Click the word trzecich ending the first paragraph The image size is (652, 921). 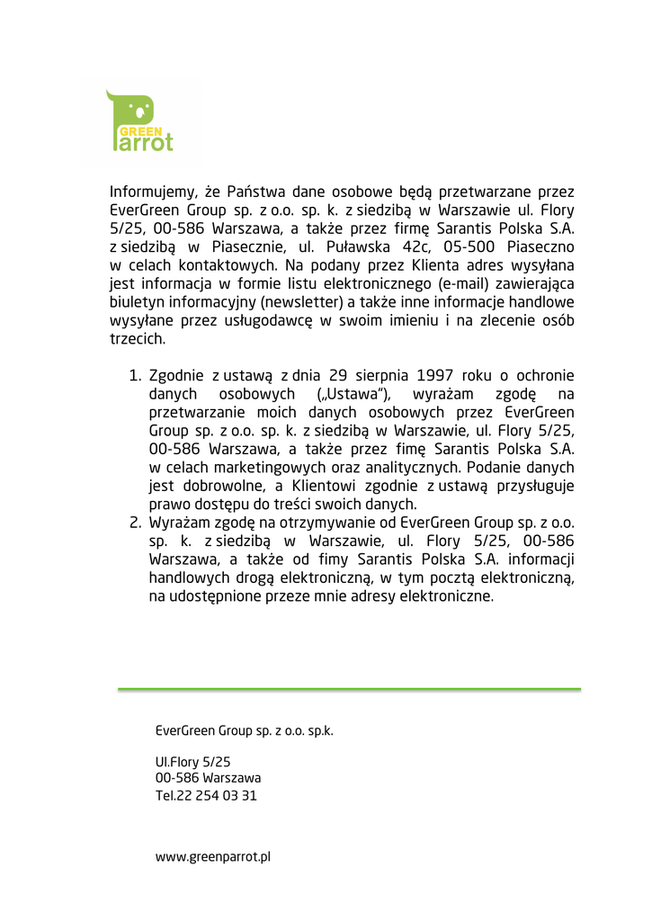click(x=138, y=339)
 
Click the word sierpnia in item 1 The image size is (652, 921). click(x=386, y=376)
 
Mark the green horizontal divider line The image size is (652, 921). click(x=349, y=689)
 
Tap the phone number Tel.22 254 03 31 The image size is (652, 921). click(x=206, y=796)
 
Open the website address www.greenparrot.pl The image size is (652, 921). click(x=213, y=857)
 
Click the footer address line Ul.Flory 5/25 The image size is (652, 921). click(x=192, y=762)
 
